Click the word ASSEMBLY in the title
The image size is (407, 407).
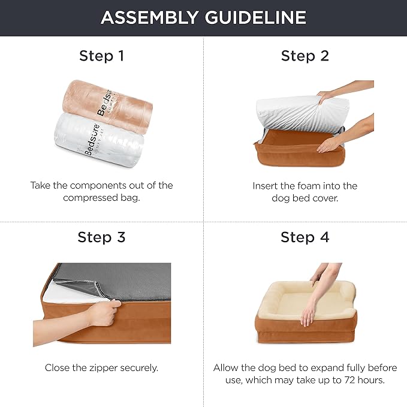tap(150, 17)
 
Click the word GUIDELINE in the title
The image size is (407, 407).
tap(255, 17)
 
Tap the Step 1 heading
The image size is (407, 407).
tap(102, 56)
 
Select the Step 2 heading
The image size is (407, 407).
tap(305, 56)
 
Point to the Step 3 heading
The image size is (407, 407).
tap(101, 237)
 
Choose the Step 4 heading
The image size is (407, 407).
tap(305, 237)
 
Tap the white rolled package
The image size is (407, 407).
tap(99, 140)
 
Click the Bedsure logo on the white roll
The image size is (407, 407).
tap(92, 140)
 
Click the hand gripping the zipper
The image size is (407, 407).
tap(104, 313)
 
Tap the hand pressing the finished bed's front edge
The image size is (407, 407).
tap(308, 315)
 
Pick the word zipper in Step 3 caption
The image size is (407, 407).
tap(104, 368)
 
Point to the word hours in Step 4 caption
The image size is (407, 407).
tap(371, 380)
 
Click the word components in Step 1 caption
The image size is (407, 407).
tap(98, 186)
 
